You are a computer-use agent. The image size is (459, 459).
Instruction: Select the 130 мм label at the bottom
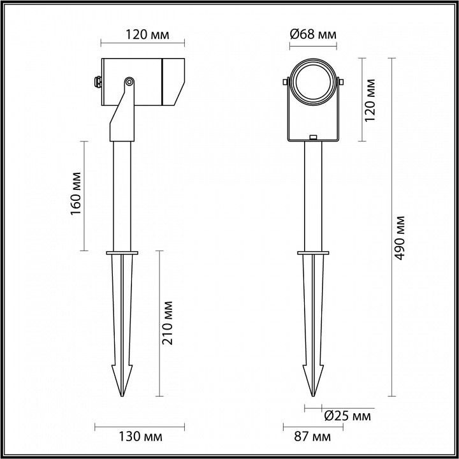141,437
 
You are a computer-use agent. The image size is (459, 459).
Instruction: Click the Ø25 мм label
347,416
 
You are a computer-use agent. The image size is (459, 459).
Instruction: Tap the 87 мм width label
313,437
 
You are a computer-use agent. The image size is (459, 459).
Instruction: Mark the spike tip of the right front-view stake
313,394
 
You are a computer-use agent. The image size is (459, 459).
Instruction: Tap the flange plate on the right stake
313,254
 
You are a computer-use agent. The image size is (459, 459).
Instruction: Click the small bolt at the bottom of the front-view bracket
313,138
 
